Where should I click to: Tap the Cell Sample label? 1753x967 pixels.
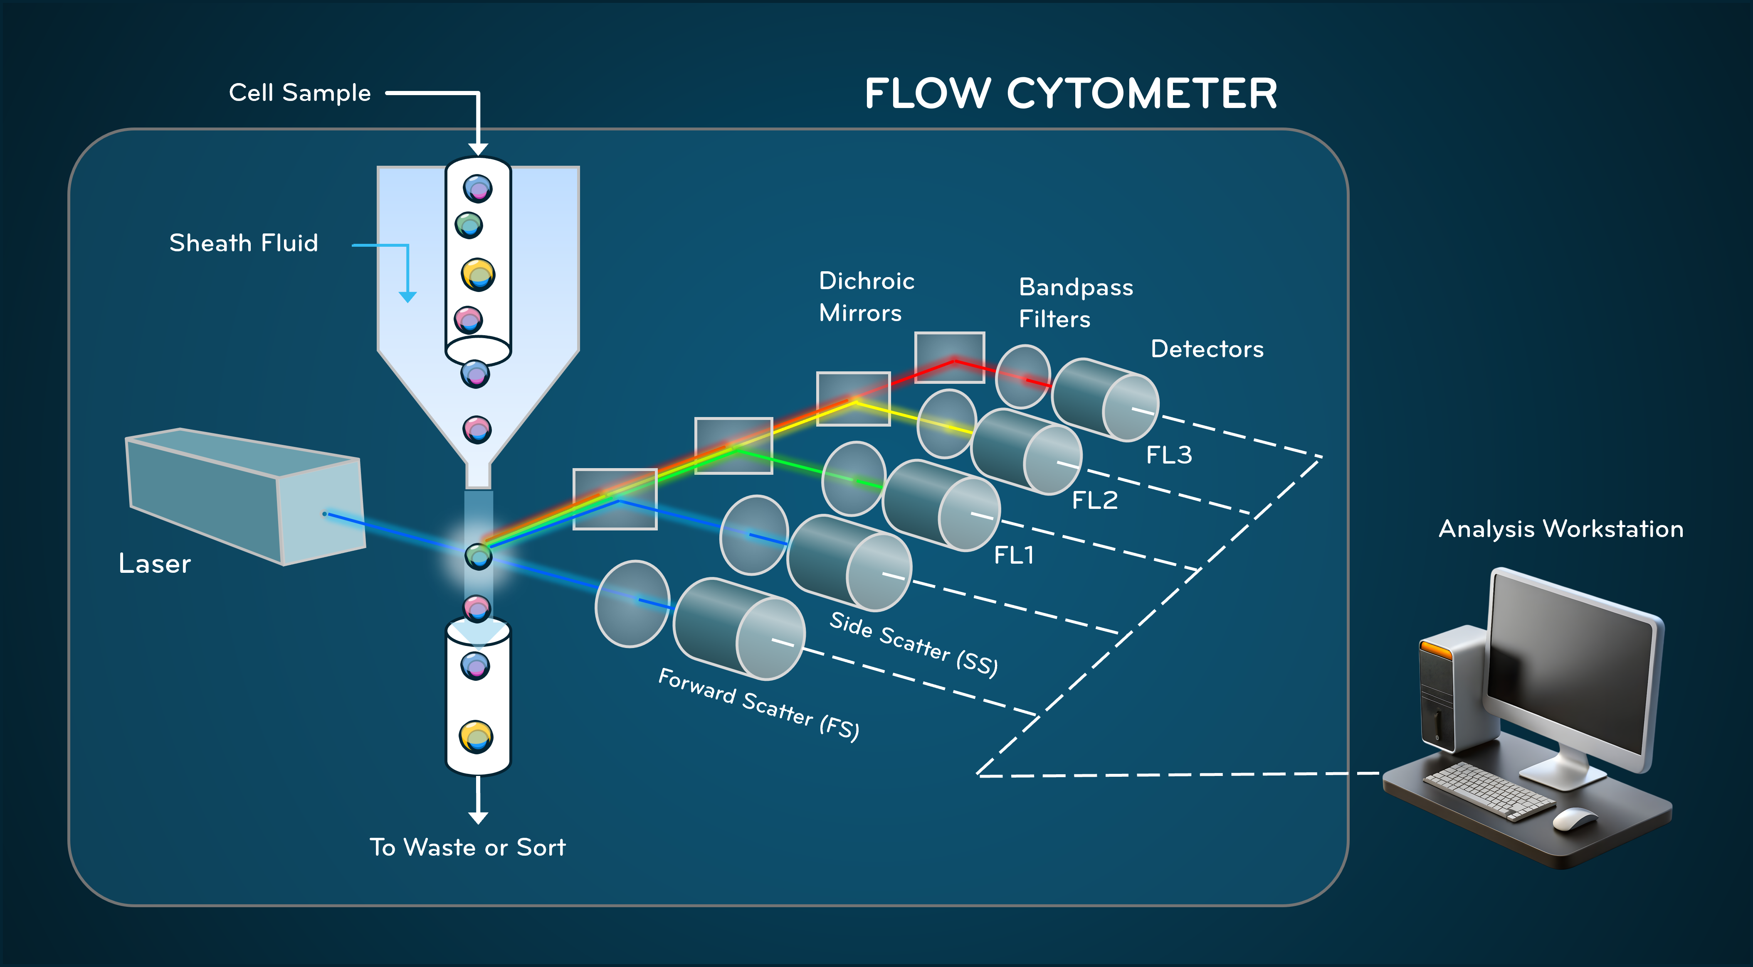pos(299,93)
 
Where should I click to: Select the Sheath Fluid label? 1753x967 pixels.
pos(244,243)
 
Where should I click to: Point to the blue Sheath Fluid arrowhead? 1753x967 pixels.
pos(407,297)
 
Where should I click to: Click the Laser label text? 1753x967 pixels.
pos(155,564)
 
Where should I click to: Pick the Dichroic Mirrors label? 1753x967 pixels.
pos(866,297)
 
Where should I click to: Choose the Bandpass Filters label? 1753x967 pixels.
pos(1075,303)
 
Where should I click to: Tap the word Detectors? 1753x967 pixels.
pos(1207,349)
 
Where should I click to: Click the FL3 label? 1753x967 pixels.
pos(1168,454)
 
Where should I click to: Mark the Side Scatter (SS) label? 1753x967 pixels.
pos(913,644)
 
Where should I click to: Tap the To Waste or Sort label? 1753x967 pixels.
pos(467,847)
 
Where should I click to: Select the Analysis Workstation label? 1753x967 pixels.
pos(1560,529)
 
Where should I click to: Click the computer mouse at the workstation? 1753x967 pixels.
pos(1575,818)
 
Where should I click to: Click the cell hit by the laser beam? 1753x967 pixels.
pos(479,556)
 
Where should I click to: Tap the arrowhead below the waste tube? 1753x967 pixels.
pos(479,817)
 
